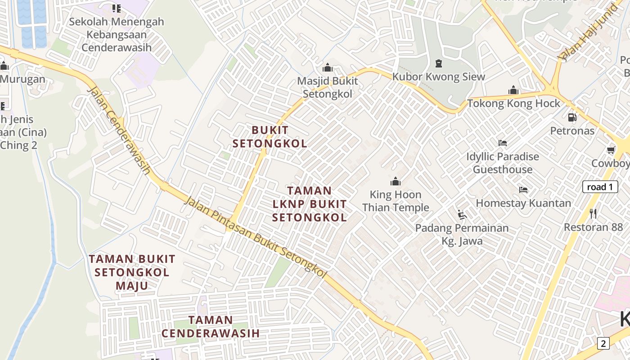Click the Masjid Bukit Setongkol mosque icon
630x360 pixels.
pos(328,68)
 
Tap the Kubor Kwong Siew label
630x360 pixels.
pos(439,76)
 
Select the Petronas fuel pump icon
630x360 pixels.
pos(572,117)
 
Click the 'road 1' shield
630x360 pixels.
pos(600,187)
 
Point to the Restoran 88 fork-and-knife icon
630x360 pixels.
pos(593,213)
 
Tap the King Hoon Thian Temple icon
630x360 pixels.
pos(396,181)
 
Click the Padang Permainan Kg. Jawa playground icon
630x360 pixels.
pos(462,215)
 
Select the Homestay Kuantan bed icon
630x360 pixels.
pos(523,190)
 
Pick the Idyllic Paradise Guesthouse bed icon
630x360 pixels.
pos(503,143)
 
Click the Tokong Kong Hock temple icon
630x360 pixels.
pos(513,90)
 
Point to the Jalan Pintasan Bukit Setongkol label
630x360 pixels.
pos(255,237)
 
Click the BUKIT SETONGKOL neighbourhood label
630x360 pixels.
pos(270,137)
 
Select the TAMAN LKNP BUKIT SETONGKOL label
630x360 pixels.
pos(310,204)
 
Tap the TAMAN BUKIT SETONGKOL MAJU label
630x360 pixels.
pos(132,272)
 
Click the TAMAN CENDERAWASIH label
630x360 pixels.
pos(211,327)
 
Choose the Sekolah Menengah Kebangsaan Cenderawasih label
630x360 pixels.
pos(116,34)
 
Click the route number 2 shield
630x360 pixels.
pos(603,343)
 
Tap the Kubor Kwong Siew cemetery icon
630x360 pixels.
pos(439,63)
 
